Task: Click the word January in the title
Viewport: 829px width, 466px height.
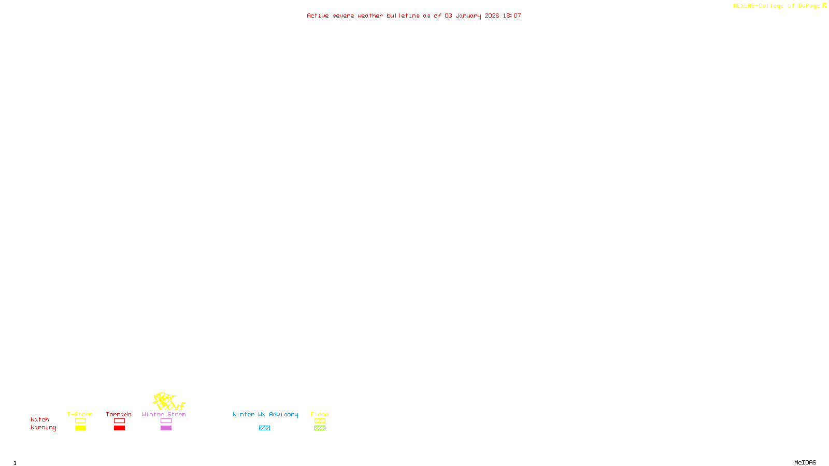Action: coord(468,16)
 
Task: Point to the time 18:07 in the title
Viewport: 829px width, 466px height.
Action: coord(511,16)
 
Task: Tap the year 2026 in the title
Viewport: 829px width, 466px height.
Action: coord(492,16)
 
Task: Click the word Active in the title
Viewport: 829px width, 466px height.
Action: coord(318,16)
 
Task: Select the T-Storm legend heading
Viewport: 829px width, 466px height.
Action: coord(80,414)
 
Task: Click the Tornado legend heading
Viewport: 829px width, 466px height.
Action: coord(119,414)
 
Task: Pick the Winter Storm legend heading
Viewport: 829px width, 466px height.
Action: coord(164,414)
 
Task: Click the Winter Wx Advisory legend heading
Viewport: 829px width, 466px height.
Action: coord(265,414)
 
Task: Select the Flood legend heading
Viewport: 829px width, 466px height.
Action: coord(320,414)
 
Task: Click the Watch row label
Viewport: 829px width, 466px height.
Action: coord(40,419)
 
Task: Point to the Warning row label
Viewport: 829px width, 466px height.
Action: coord(43,428)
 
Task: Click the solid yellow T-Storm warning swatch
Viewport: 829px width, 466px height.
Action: coord(80,428)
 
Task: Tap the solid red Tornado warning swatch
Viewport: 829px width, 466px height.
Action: coord(120,428)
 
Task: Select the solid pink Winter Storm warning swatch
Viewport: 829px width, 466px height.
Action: coord(166,428)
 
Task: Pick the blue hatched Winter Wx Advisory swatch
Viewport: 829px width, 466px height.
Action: coord(264,428)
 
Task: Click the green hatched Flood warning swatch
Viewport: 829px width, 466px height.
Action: coord(320,428)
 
